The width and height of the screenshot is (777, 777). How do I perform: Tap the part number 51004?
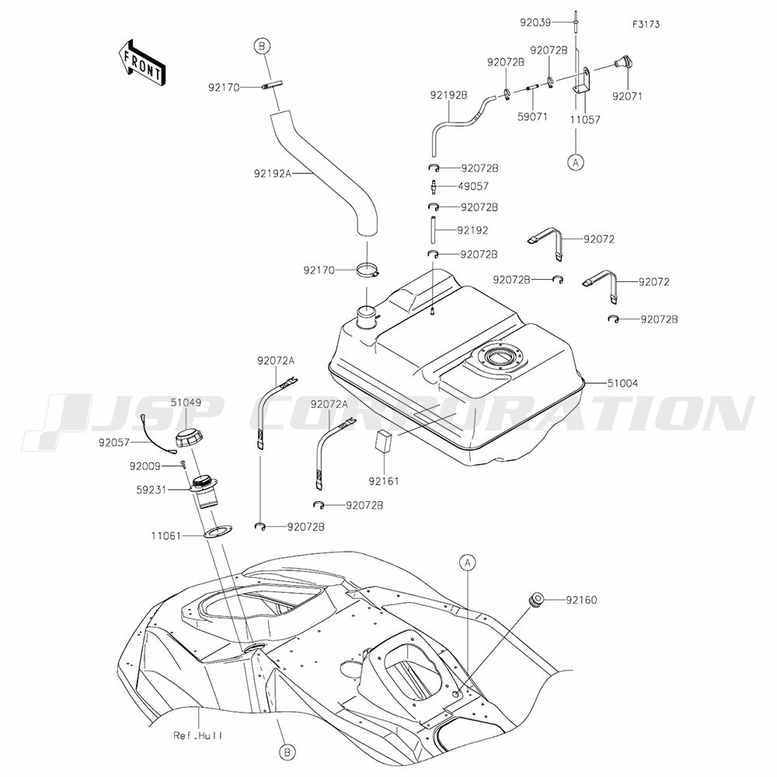point(622,383)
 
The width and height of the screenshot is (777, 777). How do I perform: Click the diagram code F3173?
point(646,24)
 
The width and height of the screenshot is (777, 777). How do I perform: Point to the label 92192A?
point(271,173)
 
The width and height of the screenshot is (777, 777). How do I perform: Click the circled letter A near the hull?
point(467,563)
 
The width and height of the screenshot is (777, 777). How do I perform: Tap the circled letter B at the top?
point(262,47)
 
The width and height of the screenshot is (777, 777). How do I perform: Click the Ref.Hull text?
point(197,735)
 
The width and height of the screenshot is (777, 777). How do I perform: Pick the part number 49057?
point(472,186)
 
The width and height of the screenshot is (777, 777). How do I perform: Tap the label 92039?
point(535,23)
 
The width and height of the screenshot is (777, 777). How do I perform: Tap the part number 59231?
point(152,490)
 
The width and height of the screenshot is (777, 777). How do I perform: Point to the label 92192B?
point(448,95)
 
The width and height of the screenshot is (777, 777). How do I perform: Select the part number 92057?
point(114,443)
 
